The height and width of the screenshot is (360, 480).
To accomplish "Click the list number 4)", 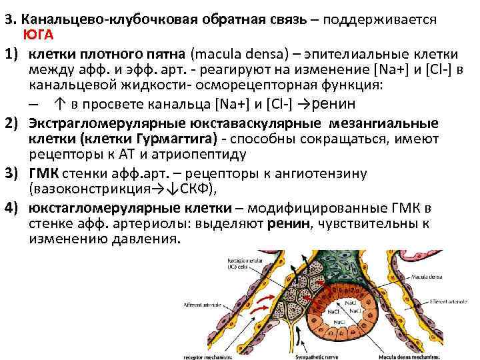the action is pos(13,207).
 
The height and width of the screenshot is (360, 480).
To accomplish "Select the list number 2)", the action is pos(13,123).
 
